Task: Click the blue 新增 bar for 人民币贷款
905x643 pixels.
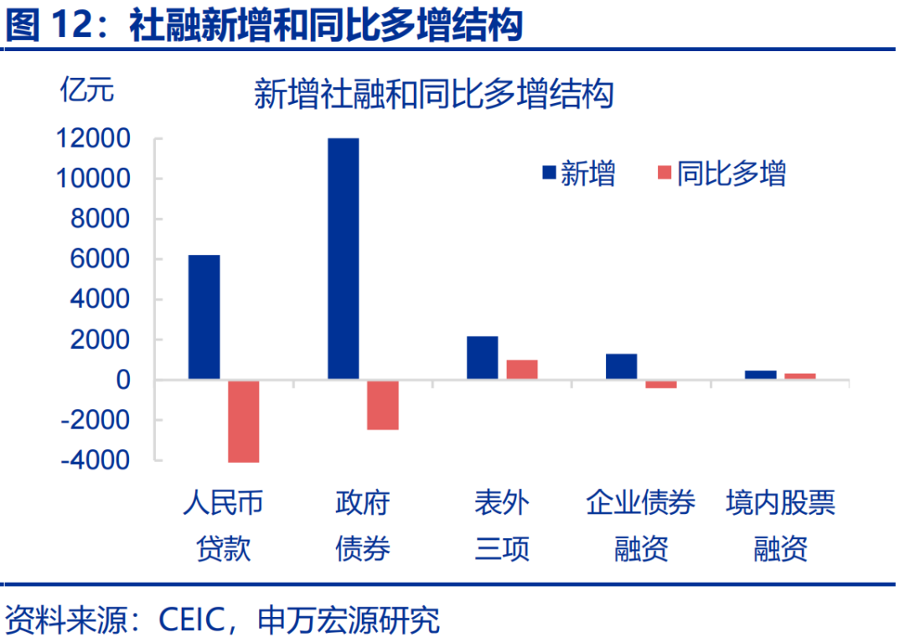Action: click(204, 317)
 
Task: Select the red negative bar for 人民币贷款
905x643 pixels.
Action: click(244, 421)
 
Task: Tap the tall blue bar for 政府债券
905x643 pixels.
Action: click(343, 258)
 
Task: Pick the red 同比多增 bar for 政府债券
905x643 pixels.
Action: click(383, 405)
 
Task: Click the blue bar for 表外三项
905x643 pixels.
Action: click(482, 358)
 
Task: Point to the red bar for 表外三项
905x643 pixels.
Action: click(522, 370)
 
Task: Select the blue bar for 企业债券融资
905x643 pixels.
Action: click(621, 366)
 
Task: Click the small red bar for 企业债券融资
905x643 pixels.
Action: click(661, 384)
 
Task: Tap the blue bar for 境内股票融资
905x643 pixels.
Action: click(760, 375)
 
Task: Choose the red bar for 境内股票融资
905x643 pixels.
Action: click(800, 376)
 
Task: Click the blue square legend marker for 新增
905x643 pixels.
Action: click(550, 174)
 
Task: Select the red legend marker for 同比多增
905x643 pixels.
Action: click(665, 174)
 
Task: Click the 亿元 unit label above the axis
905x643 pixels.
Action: click(85, 90)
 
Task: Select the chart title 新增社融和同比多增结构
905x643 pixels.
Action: click(433, 94)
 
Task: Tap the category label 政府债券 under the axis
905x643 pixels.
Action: click(363, 526)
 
